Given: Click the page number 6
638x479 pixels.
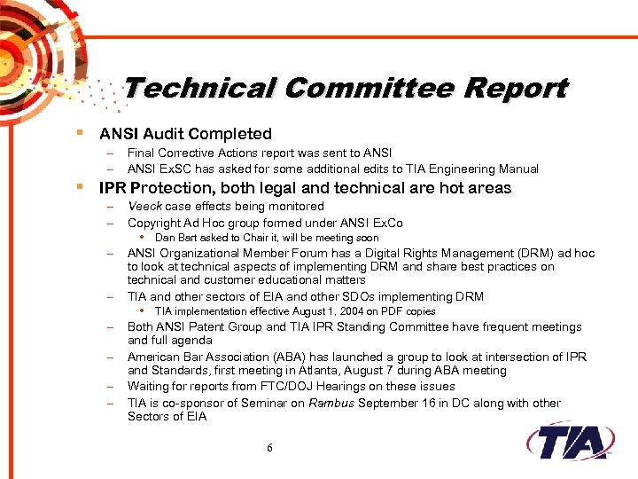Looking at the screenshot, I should [x=269, y=448].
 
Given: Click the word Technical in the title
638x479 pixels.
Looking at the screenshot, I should [x=199, y=89].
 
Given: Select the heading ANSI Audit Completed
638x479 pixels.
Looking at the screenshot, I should [x=185, y=134].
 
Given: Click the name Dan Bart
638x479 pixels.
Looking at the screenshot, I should [x=176, y=238].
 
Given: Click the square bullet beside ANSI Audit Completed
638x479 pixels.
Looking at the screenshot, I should [x=80, y=134].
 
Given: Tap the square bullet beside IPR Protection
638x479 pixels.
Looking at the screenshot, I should [x=80, y=187].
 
